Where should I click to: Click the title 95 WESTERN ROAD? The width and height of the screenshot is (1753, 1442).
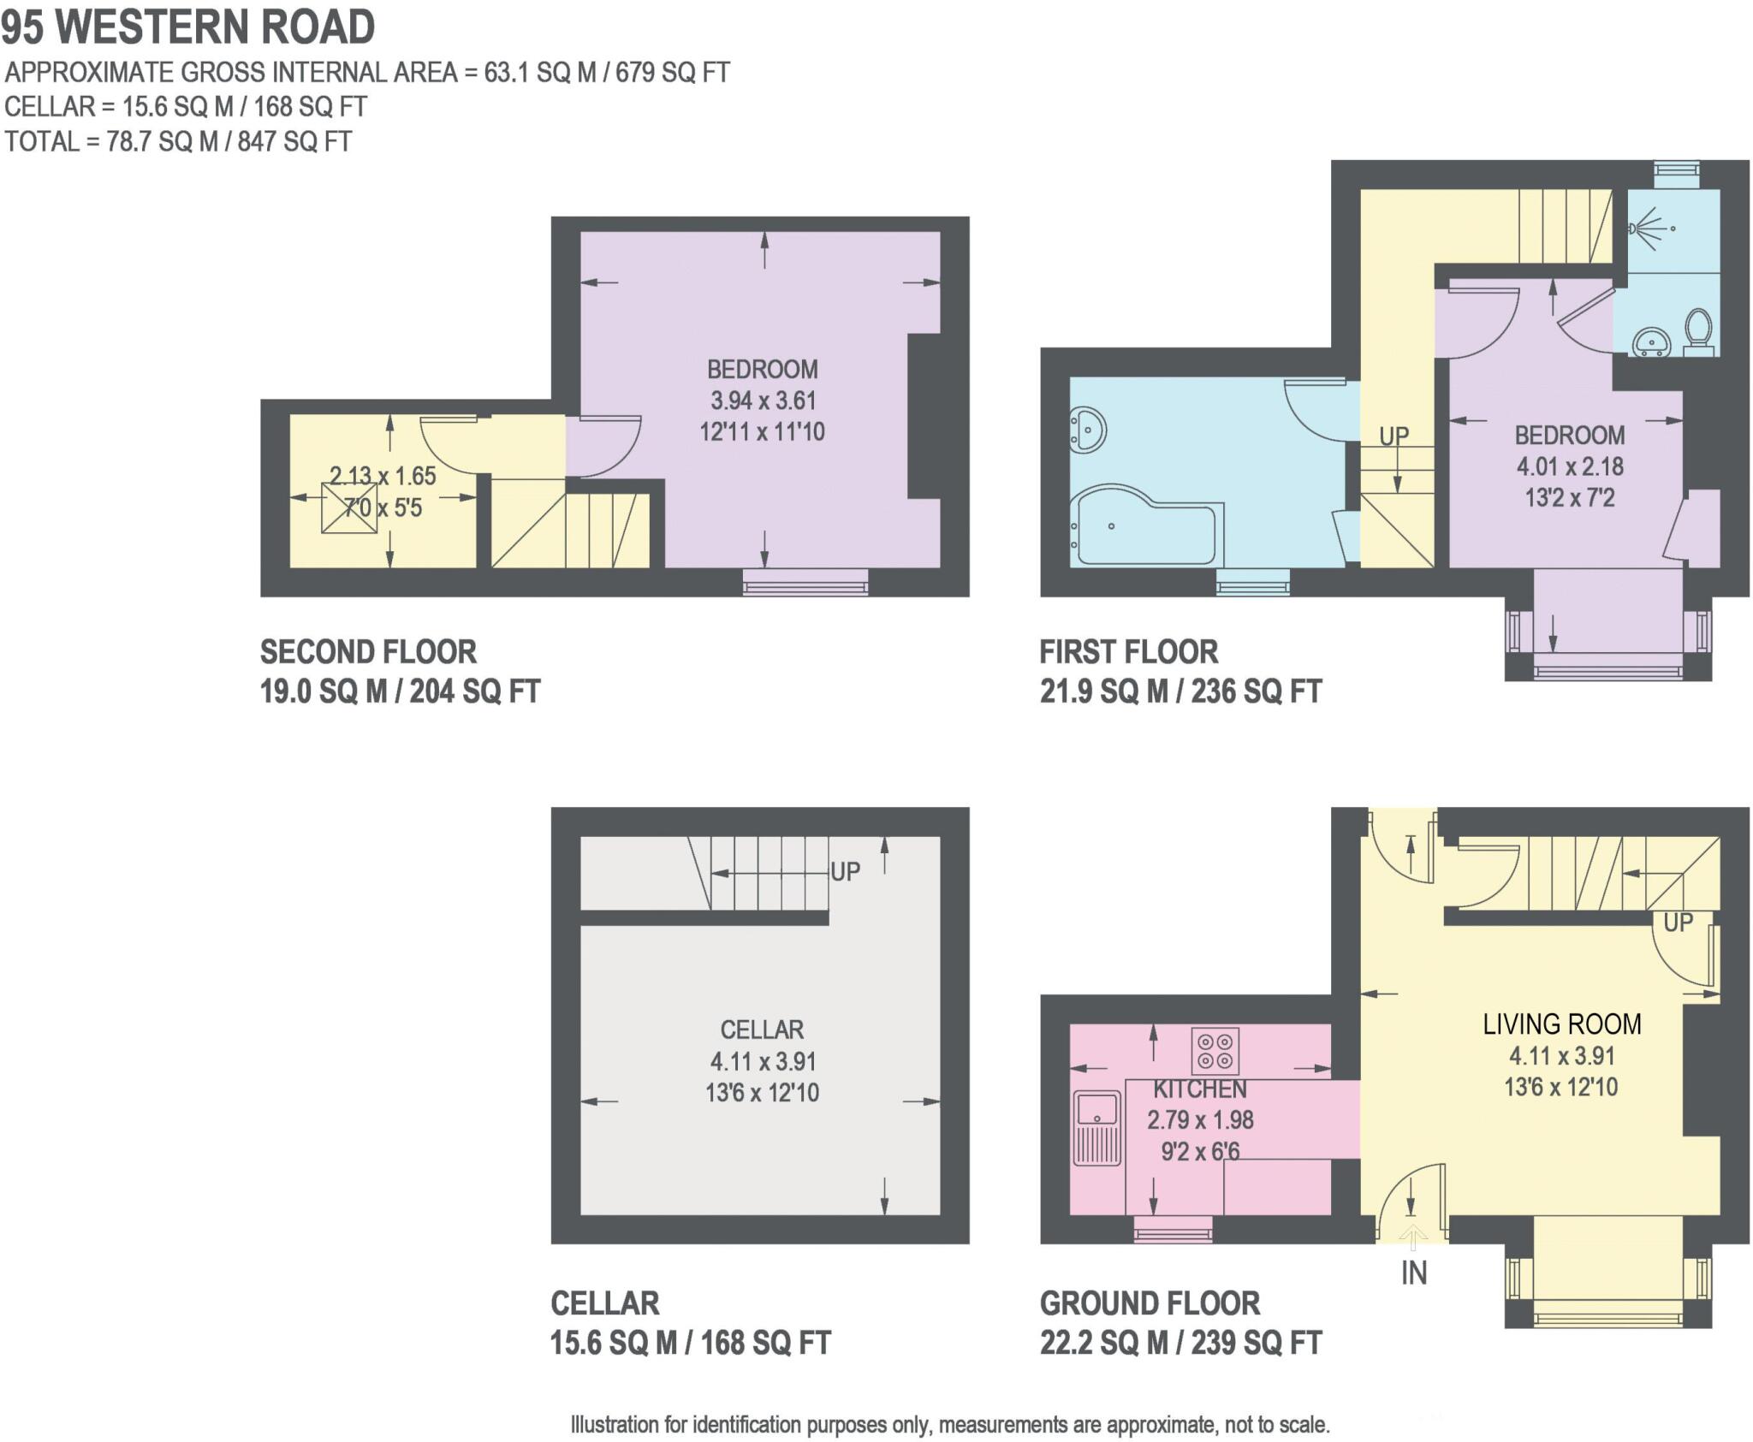(x=187, y=27)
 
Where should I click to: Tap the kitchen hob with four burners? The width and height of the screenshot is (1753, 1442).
(x=1215, y=1051)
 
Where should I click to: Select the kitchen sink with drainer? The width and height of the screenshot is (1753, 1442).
(x=1096, y=1128)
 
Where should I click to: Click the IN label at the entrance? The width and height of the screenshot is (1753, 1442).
(x=1413, y=1273)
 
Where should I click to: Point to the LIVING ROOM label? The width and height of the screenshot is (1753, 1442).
(x=1561, y=1024)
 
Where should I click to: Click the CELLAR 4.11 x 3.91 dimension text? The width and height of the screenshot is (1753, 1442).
(x=762, y=1061)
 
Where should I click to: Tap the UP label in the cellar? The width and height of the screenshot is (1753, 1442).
(x=845, y=871)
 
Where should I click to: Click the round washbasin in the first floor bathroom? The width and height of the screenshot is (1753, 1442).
(x=1089, y=427)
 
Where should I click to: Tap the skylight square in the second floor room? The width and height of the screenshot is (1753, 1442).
(x=349, y=508)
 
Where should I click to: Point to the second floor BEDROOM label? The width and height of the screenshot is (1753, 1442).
(x=762, y=369)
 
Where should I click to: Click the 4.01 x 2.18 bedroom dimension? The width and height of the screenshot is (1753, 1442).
(x=1569, y=466)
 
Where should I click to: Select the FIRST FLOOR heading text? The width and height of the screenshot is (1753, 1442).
(x=1128, y=652)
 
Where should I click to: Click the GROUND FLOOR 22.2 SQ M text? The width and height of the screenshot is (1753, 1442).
(x=1180, y=1342)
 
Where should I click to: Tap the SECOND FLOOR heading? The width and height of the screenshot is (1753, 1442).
(x=368, y=652)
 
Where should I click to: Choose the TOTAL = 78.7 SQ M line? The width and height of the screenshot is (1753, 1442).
(x=178, y=141)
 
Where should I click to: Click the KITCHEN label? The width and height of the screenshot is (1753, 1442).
(x=1199, y=1089)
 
